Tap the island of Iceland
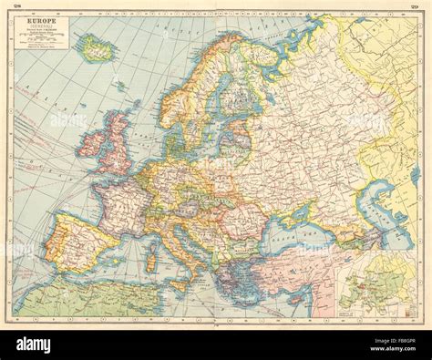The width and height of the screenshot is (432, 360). point(98,48)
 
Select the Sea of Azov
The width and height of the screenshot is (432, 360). point(314,208)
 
